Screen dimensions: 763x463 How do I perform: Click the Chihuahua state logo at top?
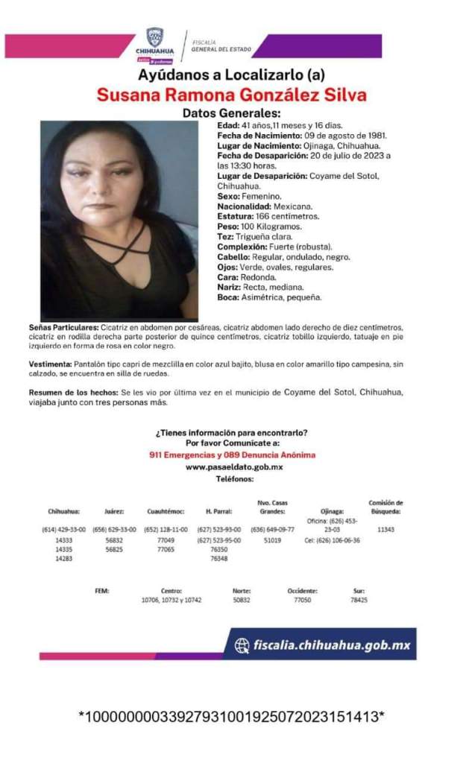coord(155,42)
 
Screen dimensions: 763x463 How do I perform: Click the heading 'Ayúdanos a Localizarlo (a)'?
coord(232,75)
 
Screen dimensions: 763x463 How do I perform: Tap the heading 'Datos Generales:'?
coord(231,113)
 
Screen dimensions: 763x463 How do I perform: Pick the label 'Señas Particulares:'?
coord(63,328)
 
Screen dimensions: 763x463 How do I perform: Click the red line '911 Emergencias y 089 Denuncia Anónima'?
coord(232,455)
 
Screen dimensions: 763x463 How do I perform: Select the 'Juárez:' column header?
coord(114,512)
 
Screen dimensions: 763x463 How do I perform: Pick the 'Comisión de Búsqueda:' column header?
coord(385,507)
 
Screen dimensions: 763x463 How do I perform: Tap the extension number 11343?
coord(385,529)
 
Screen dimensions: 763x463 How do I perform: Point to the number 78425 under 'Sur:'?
coord(359,600)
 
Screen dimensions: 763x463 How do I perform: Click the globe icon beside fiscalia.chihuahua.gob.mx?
coord(242,645)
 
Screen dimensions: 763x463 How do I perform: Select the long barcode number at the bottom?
coord(231,717)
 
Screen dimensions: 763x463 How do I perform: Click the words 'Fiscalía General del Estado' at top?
coord(221,45)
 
